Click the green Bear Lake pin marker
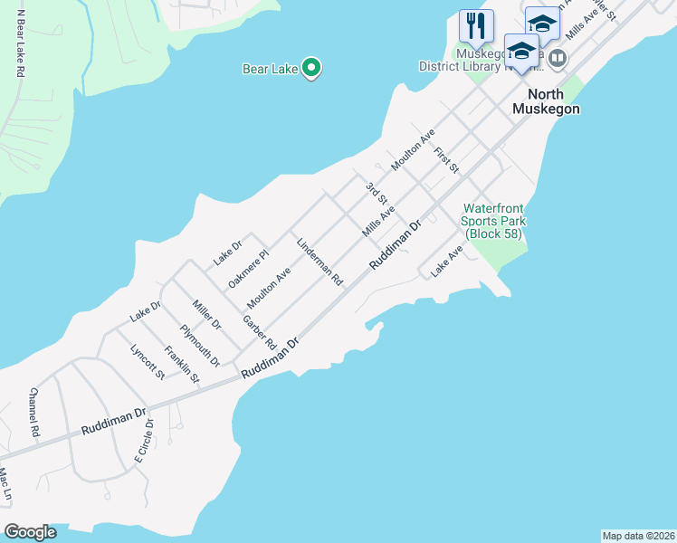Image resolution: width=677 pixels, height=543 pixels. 311,68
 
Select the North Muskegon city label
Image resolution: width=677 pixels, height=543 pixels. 546,101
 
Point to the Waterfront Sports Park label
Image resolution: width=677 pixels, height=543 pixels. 494,221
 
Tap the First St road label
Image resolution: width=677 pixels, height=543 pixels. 447,161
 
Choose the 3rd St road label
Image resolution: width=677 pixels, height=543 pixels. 377,193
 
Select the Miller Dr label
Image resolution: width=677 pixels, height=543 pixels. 206,310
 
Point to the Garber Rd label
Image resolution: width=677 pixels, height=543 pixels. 259,331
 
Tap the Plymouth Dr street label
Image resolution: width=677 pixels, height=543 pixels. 200,345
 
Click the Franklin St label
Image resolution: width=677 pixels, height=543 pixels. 181,364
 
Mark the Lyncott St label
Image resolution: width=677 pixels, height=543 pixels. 148,361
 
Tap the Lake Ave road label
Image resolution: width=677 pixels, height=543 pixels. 446,264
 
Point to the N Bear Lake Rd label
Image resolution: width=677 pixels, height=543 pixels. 19,45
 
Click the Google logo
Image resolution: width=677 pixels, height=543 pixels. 30,532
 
